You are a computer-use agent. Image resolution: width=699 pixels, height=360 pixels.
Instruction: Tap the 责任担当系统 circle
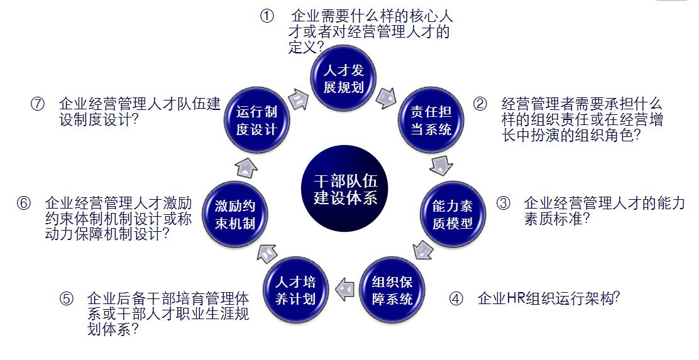[431, 121]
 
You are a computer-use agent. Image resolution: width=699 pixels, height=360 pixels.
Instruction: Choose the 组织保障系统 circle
[392, 290]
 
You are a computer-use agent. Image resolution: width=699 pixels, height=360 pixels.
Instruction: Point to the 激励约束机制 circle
[234, 214]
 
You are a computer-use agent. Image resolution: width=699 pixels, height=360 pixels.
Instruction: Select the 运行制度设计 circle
[256, 121]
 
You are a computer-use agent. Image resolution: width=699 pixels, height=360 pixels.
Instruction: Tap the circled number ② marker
[480, 104]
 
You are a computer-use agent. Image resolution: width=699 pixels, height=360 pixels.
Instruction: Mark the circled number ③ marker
[503, 203]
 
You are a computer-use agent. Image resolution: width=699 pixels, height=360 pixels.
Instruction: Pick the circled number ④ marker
[456, 298]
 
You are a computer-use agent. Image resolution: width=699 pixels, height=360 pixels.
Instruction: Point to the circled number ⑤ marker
[67, 298]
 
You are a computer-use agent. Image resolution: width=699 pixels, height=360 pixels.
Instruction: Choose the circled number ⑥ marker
[24, 203]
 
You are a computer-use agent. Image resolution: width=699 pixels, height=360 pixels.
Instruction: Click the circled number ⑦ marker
[37, 104]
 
